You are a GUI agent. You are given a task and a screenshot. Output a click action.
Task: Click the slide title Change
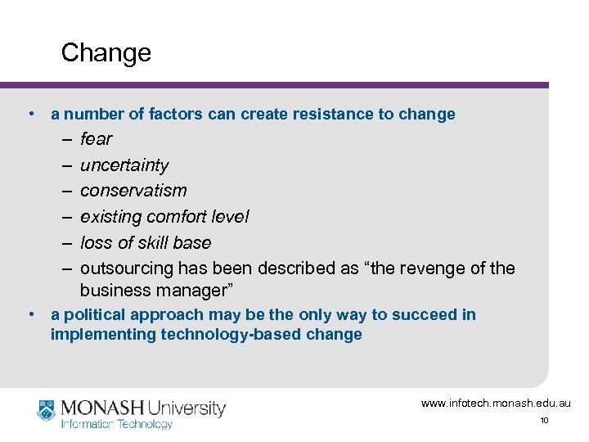(x=106, y=53)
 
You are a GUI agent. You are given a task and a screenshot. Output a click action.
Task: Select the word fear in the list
(x=96, y=139)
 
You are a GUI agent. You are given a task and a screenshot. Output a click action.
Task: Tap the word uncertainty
(x=124, y=165)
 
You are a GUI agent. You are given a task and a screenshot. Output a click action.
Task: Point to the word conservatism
(x=133, y=191)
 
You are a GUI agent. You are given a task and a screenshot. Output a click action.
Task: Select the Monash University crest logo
(x=47, y=410)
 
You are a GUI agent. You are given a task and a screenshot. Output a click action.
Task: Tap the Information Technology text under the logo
(x=117, y=424)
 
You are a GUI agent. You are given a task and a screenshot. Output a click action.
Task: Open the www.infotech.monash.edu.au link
(x=496, y=404)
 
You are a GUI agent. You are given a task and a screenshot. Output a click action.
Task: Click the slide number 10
(x=544, y=421)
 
